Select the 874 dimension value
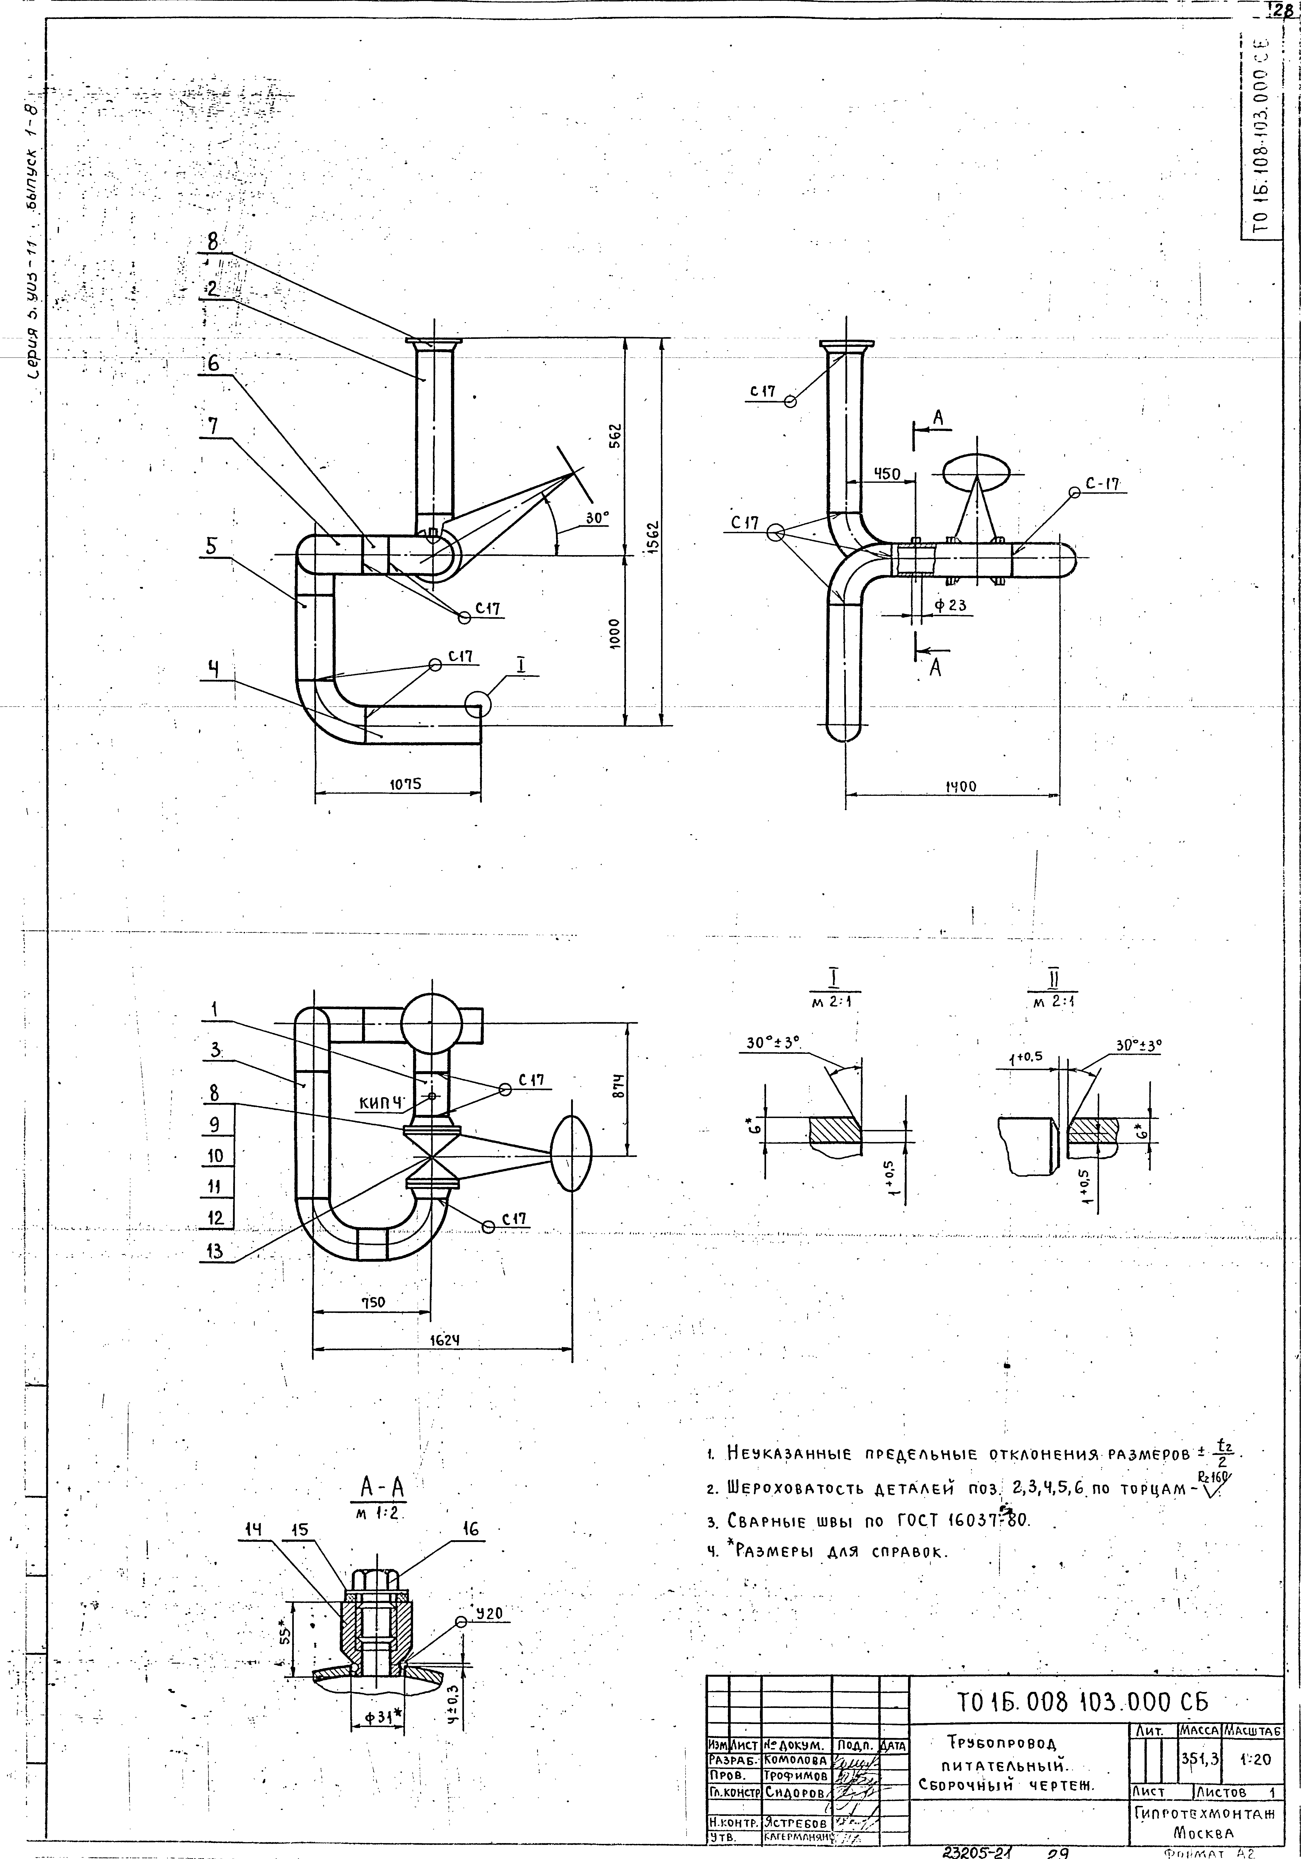click(618, 1084)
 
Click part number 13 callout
click(214, 1251)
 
